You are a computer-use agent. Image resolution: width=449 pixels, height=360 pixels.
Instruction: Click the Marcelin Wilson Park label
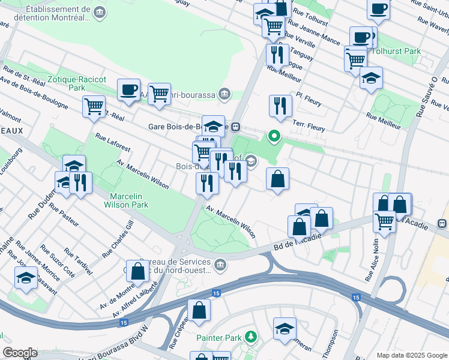tap(129, 200)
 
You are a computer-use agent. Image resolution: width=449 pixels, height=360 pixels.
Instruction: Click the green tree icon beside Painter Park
tap(250, 338)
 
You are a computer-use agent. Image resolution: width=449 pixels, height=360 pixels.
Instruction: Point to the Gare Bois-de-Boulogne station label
tap(188, 127)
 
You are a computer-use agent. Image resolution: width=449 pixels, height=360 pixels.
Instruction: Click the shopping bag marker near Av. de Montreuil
tap(137, 271)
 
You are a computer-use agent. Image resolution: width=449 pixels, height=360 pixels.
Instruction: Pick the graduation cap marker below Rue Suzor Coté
tap(26, 278)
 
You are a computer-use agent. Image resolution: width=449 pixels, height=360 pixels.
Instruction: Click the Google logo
tap(20, 353)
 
